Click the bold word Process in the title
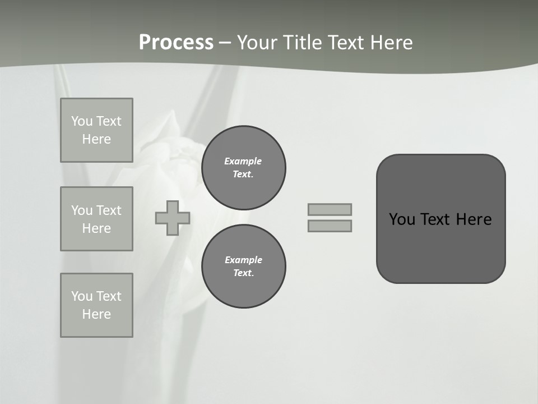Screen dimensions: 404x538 click(x=176, y=43)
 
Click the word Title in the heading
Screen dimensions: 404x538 click(x=304, y=43)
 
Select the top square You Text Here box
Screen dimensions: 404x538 click(x=96, y=130)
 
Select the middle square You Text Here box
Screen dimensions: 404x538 click(x=96, y=219)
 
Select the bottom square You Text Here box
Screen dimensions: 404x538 click(x=96, y=305)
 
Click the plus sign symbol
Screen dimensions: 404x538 click(x=173, y=218)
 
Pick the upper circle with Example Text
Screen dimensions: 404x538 click(x=243, y=168)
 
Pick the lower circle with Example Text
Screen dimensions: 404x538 click(x=243, y=267)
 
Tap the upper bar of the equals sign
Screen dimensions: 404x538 click(x=330, y=209)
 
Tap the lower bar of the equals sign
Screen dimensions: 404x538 click(x=330, y=226)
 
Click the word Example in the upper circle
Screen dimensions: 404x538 click(x=243, y=161)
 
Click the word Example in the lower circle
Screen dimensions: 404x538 click(x=243, y=260)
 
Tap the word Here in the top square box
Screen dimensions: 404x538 click(x=96, y=139)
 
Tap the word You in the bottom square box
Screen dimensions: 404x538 click(x=81, y=296)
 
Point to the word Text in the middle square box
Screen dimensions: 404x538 click(x=108, y=210)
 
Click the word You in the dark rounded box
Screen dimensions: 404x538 click(x=402, y=219)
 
